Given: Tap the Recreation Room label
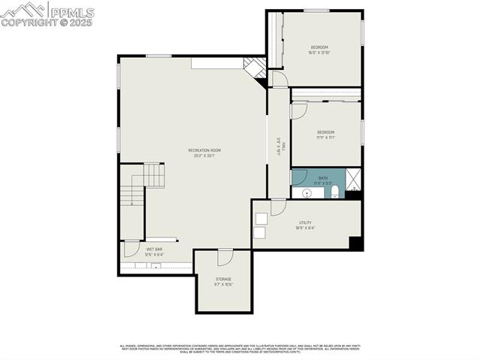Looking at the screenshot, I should [x=204, y=153].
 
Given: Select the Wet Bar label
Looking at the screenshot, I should [x=154, y=251].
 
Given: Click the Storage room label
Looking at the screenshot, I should [x=223, y=281].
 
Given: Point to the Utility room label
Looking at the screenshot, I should [x=305, y=225].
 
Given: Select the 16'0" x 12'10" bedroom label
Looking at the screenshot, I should [x=319, y=50].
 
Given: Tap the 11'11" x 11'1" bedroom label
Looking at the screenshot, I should [x=325, y=135].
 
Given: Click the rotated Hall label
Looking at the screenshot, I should [x=279, y=146].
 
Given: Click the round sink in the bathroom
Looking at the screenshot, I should [x=307, y=194].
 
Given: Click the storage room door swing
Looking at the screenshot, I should [x=224, y=257].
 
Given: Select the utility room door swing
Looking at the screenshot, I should [x=278, y=207].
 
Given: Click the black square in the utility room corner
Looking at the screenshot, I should [x=356, y=244].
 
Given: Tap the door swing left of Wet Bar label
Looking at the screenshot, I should [x=131, y=248].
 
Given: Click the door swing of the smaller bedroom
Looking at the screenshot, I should [x=298, y=110].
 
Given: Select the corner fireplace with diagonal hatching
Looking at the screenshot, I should [x=256, y=68].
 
